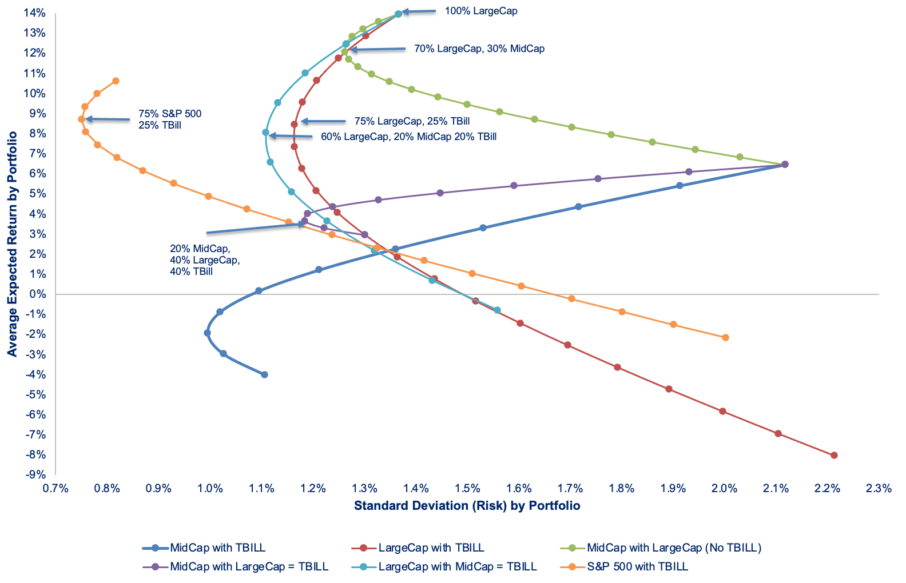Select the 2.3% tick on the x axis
point(879,488)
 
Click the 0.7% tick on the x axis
point(55,488)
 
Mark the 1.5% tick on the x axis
point(467,488)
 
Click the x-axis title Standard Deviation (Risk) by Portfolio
point(467,506)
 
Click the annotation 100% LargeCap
point(481,11)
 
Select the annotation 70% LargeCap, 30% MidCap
point(479,49)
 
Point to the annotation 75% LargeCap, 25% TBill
point(412,121)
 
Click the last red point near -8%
point(834,456)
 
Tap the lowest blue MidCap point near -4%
point(264,375)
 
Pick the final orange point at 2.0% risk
point(725,337)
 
